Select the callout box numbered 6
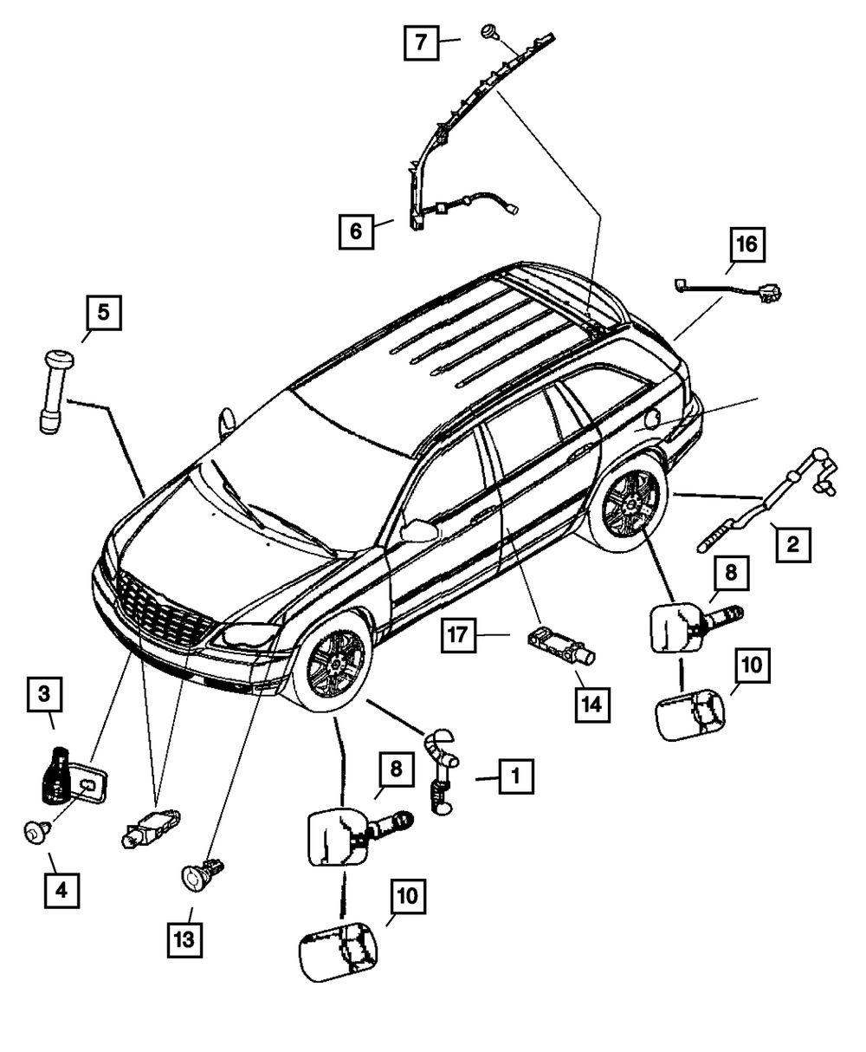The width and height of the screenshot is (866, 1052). (x=357, y=231)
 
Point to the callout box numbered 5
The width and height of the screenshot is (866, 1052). (x=103, y=314)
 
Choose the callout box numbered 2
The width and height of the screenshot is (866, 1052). (x=792, y=545)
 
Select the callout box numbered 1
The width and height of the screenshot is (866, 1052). (x=514, y=777)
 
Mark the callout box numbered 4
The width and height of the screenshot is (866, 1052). (x=61, y=889)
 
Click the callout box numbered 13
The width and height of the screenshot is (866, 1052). (x=184, y=939)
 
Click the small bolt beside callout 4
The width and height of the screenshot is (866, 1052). (x=36, y=834)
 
